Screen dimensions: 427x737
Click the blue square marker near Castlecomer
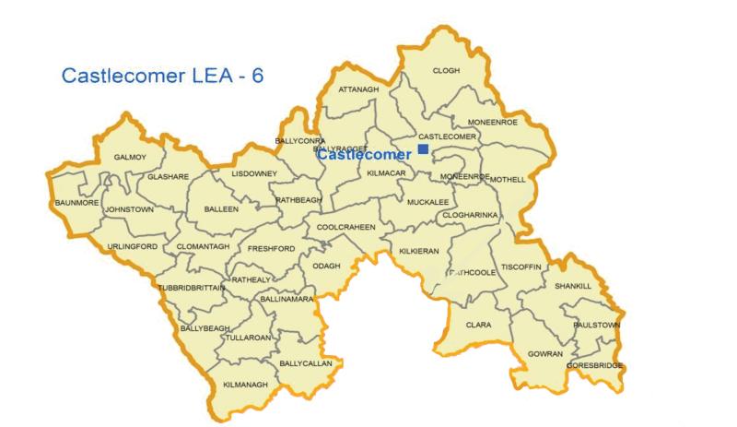click(423, 148)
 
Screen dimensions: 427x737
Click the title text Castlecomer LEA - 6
click(162, 76)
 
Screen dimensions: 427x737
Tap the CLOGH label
click(446, 70)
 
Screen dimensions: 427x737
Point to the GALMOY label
click(130, 157)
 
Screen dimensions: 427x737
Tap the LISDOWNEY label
click(254, 173)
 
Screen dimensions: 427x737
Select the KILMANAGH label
click(245, 384)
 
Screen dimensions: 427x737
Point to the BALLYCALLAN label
click(305, 363)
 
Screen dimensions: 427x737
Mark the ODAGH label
click(328, 267)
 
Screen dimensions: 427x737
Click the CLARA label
click(478, 325)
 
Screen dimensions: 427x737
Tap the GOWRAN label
click(545, 354)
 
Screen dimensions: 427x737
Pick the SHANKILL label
click(573, 286)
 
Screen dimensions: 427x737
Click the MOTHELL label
click(507, 179)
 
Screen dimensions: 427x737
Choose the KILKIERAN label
click(417, 251)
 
